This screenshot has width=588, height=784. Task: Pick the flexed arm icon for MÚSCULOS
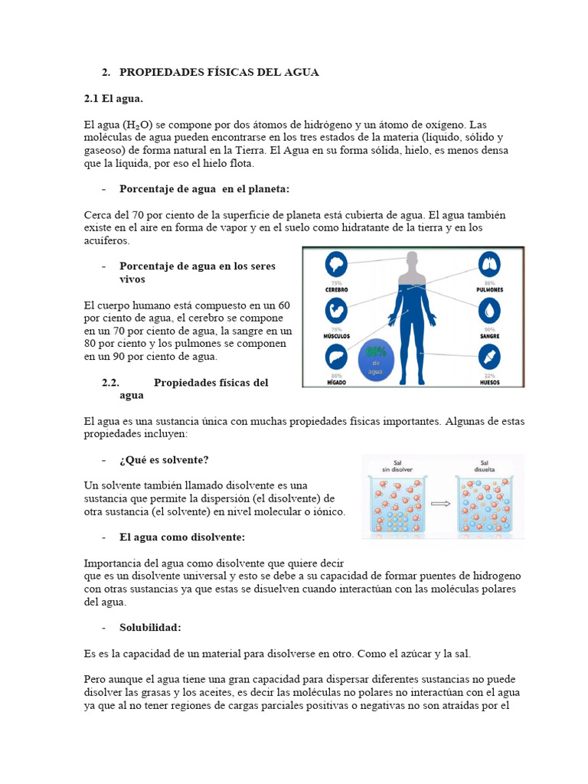click(337, 310)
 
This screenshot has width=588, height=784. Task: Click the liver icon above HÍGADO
click(337, 356)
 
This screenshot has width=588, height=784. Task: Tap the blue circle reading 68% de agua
click(376, 359)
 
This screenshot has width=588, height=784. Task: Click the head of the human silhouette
click(413, 262)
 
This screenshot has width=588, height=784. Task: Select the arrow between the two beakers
click(440, 504)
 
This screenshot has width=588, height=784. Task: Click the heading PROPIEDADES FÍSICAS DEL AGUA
click(219, 72)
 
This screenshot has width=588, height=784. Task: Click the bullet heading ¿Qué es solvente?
click(164, 459)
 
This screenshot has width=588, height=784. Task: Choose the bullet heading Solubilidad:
click(150, 627)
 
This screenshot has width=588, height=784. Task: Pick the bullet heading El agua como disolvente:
click(182, 537)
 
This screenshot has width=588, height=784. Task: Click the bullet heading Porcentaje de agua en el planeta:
click(204, 188)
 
